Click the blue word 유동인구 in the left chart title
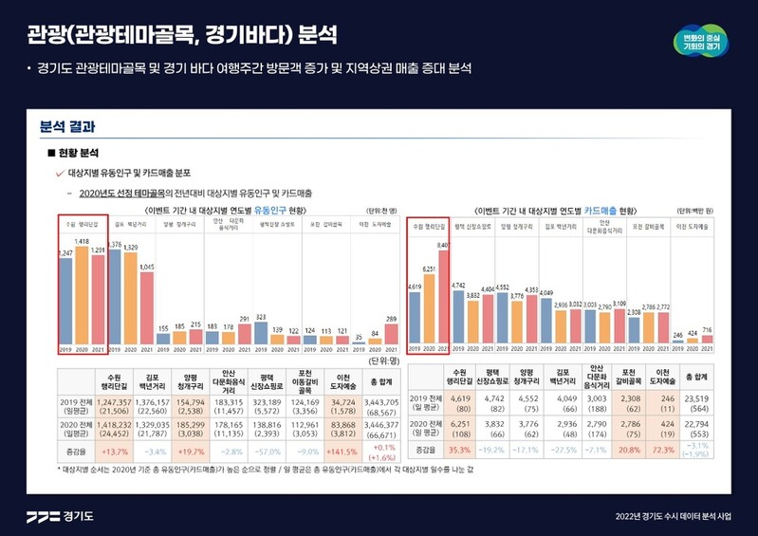coord(268,210)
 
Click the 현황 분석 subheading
coord(77,153)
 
